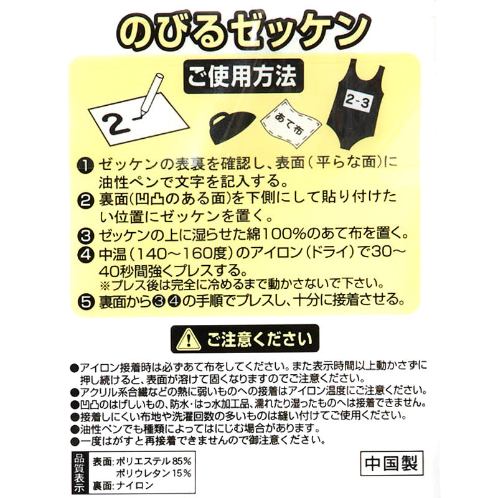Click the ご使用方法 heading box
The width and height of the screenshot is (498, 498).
click(x=243, y=76)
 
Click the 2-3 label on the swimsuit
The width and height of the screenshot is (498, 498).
click(x=357, y=102)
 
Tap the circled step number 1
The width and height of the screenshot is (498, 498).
click(x=85, y=166)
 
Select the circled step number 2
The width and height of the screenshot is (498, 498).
click(x=85, y=200)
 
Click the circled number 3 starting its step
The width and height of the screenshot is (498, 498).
click(x=85, y=236)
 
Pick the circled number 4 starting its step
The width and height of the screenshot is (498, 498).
click(x=85, y=255)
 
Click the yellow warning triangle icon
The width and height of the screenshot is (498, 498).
click(x=189, y=339)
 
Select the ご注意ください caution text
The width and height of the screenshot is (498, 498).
click(x=260, y=339)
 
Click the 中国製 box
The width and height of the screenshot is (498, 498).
click(x=392, y=463)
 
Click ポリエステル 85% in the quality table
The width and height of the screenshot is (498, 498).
click(x=154, y=461)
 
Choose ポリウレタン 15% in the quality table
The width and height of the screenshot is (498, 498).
click(x=154, y=473)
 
